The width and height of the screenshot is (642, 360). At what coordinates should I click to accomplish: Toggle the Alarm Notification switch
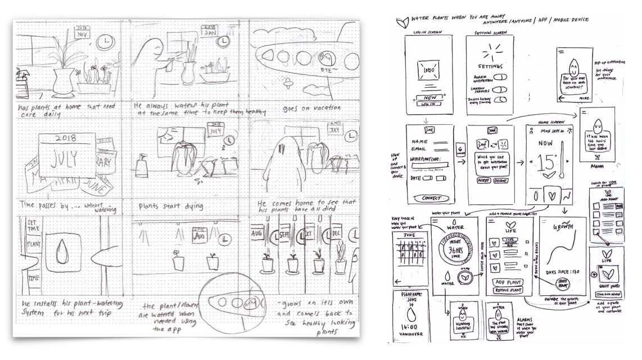(499, 78)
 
